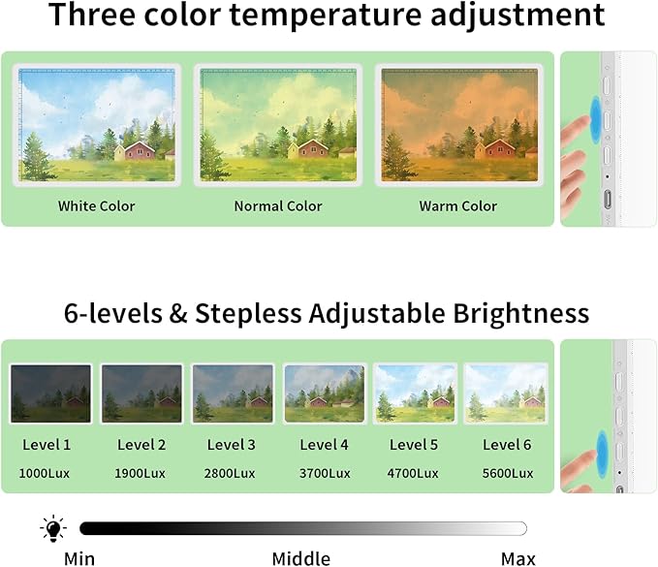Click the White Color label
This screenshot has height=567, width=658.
click(x=96, y=205)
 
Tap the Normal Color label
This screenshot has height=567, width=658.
click(x=278, y=205)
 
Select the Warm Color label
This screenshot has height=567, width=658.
click(x=457, y=205)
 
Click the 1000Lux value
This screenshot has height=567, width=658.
click(x=47, y=473)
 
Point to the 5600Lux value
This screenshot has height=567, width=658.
click(x=508, y=473)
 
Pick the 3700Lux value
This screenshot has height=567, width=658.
click(x=325, y=473)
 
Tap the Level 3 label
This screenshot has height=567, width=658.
click(x=232, y=445)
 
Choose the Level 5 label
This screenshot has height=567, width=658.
click(x=414, y=445)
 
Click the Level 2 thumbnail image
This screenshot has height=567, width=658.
click(x=141, y=394)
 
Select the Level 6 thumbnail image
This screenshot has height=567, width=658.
click(x=505, y=394)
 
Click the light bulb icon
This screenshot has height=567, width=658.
click(x=52, y=528)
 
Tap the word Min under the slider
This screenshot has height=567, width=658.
click(x=79, y=557)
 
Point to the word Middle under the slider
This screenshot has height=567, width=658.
click(x=300, y=557)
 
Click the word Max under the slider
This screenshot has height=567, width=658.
click(x=517, y=557)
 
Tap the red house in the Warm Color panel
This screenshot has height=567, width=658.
click(x=500, y=149)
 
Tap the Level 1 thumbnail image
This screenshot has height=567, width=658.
click(x=51, y=394)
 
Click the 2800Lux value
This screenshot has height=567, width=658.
click(x=231, y=473)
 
